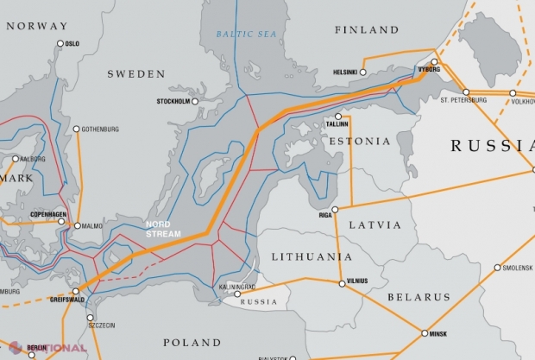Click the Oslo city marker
point(60,43)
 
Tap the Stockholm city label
point(173,102)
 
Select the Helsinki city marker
point(363,73)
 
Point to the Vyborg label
point(429,68)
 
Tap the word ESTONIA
point(352,138)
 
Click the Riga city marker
point(335,210)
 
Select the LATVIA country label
point(374,224)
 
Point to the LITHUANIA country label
point(311,257)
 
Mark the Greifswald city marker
point(75,291)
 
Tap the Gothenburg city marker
point(76,129)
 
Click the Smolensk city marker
point(497,268)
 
